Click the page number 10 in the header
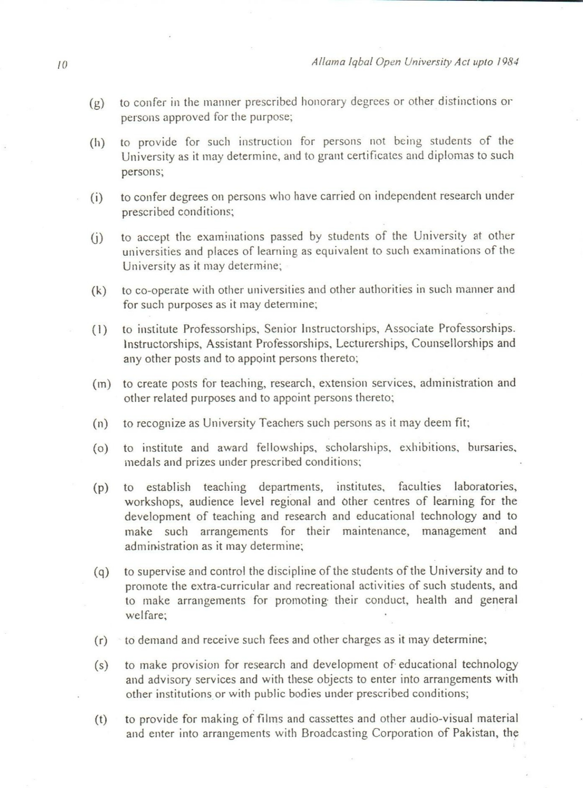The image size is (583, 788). click(x=62, y=65)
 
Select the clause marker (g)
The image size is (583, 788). click(x=97, y=104)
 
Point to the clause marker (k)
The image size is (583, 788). click(x=99, y=291)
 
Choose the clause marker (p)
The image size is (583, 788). click(x=101, y=488)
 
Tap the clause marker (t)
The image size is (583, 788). click(x=101, y=720)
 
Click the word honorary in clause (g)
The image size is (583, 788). click(x=323, y=102)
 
